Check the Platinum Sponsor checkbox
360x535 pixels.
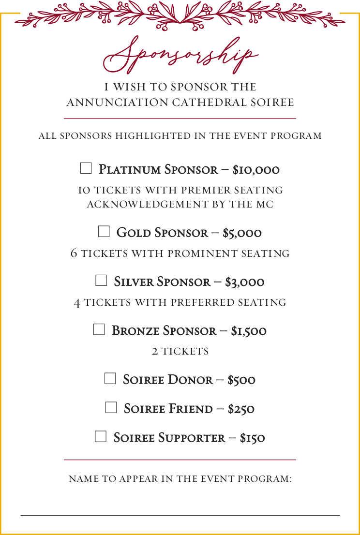(86, 168)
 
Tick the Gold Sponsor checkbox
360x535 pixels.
(104, 232)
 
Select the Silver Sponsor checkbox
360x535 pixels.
(101, 281)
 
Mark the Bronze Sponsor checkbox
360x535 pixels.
(99, 329)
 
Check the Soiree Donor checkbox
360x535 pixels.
(110, 378)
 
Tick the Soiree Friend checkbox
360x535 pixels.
(111, 407)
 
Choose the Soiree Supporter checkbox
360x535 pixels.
(100, 436)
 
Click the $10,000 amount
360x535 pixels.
(256, 170)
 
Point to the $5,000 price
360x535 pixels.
(242, 233)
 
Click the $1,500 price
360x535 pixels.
(249, 331)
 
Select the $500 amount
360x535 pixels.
(241, 380)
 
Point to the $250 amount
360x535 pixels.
(241, 409)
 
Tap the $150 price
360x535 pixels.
(252, 438)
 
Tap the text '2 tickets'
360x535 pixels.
(180, 351)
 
